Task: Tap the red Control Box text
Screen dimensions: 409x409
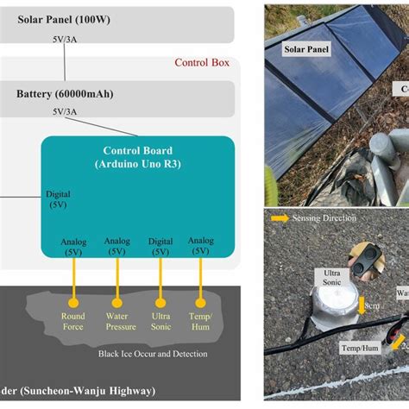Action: point(204,62)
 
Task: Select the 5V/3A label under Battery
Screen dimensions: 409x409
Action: point(69,112)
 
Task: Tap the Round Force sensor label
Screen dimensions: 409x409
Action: point(73,321)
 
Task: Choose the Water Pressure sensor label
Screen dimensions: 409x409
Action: point(116,321)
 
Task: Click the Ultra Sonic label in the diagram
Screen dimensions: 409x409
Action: point(160,321)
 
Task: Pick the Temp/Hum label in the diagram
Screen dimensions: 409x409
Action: point(200,321)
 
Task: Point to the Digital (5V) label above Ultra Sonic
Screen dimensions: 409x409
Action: point(160,247)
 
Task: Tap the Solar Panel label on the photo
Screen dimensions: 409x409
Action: point(308,50)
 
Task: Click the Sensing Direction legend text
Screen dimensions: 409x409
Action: point(328,220)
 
